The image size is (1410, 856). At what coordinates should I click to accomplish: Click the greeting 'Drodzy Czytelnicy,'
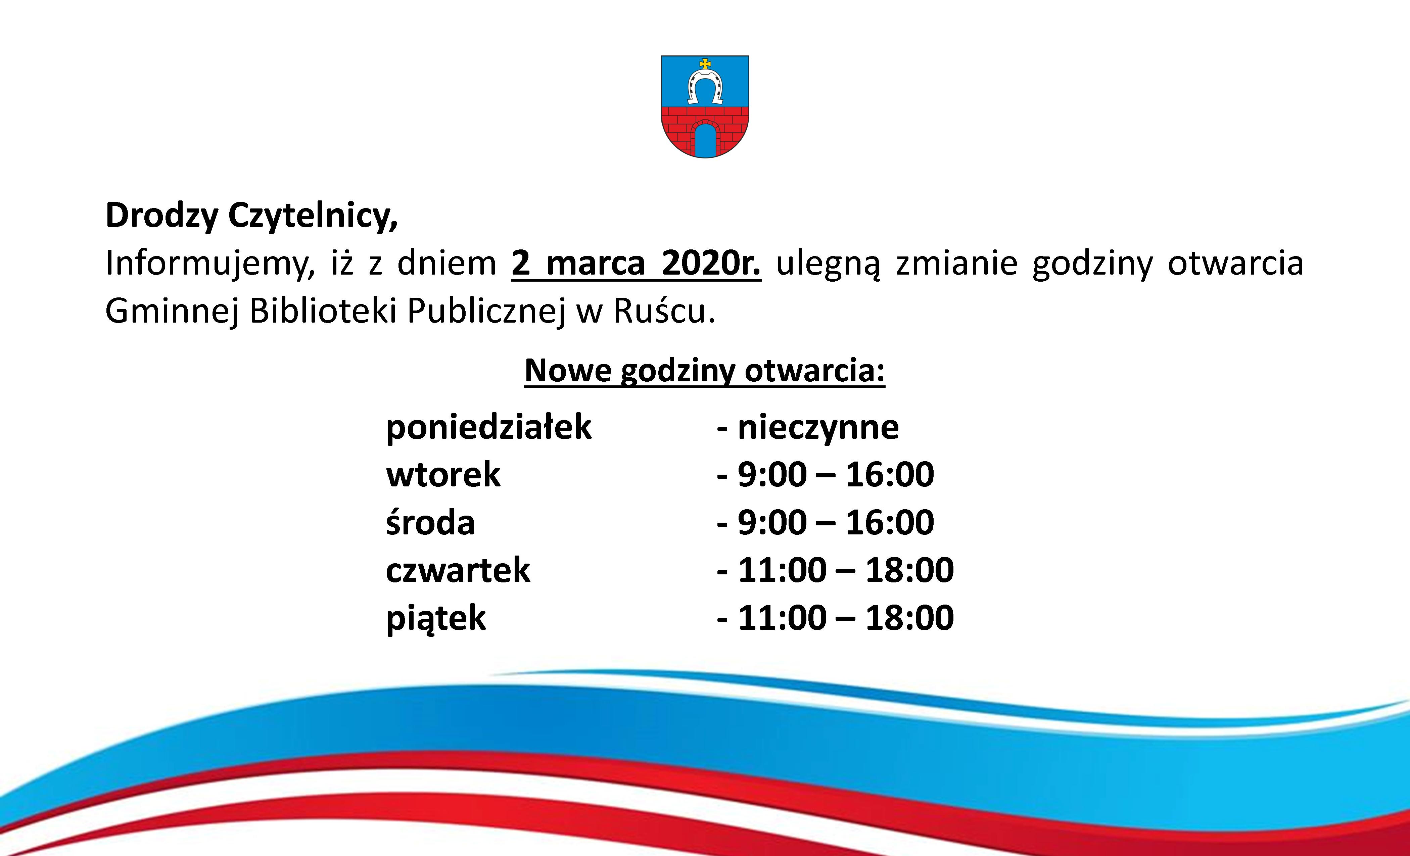tap(252, 216)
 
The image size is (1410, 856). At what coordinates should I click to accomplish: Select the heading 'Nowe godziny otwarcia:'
tap(704, 371)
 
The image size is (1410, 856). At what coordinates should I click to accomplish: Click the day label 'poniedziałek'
tap(489, 427)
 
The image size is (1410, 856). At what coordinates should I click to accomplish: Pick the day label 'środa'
tap(430, 522)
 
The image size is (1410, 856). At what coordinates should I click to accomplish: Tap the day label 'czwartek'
tap(458, 570)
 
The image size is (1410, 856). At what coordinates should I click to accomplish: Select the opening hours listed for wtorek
tap(836, 474)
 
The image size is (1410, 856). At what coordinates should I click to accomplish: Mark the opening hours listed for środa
tap(836, 522)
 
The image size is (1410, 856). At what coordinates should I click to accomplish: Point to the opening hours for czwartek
tap(846, 570)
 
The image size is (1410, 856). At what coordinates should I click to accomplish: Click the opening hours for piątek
tap(846, 618)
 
